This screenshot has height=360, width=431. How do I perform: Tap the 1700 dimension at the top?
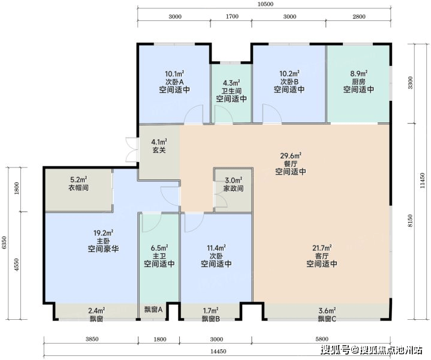point(232,17)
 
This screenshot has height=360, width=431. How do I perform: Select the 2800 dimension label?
point(359,17)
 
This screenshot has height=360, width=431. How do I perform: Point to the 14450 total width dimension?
point(219,352)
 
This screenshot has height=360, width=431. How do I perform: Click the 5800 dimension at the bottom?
point(322,339)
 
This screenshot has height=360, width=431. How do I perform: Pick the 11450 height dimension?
point(423,181)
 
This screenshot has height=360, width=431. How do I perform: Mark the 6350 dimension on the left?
point(4,243)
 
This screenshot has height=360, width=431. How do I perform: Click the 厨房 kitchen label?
point(358,82)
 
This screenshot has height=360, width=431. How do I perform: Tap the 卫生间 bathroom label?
point(231,91)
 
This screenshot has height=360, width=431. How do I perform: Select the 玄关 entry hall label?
point(159,150)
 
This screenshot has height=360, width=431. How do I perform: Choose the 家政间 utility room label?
point(233,188)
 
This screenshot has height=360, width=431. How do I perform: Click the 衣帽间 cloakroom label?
point(79,188)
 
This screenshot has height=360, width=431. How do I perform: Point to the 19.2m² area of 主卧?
point(103,233)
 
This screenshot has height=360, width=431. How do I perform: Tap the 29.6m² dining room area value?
point(291,156)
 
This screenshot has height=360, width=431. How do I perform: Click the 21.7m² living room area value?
point(321,248)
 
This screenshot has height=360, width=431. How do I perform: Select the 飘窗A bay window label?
point(153,310)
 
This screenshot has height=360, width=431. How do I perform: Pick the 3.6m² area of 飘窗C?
point(327,311)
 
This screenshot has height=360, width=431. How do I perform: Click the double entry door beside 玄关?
point(132,149)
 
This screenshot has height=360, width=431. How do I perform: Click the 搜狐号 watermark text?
point(336,350)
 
